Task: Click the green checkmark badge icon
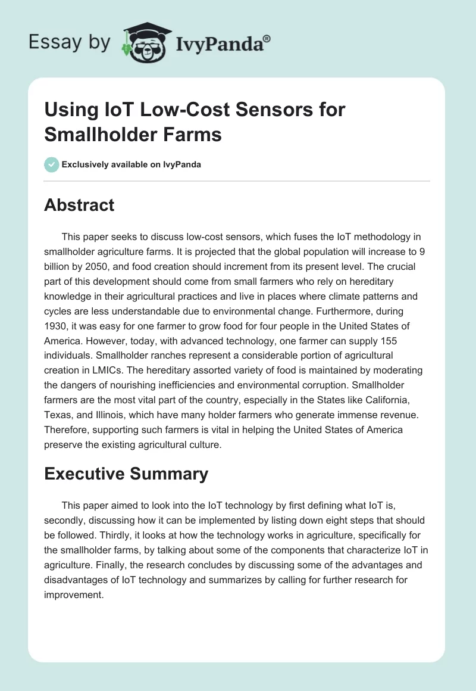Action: (x=52, y=164)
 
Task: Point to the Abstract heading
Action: (x=79, y=205)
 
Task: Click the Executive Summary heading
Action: (x=126, y=474)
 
